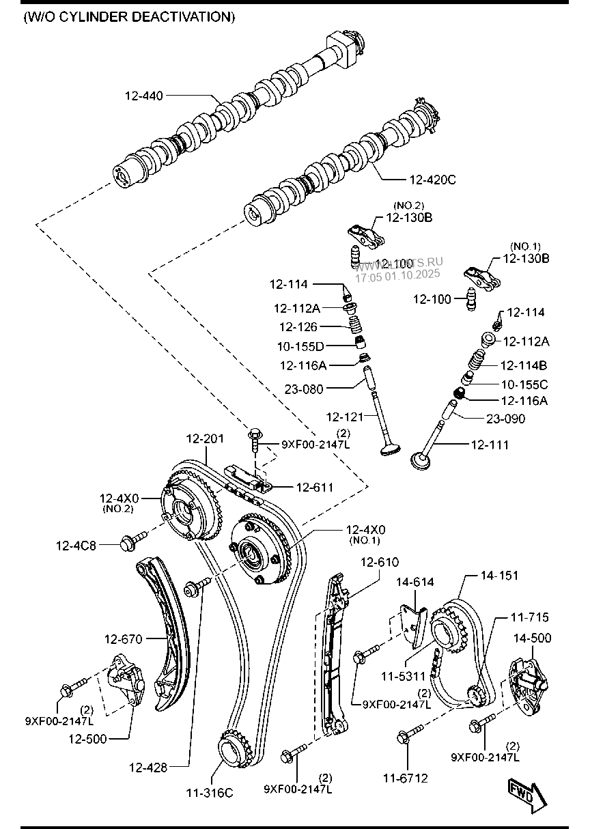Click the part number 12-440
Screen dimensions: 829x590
point(143,96)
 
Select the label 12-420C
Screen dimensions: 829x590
point(432,180)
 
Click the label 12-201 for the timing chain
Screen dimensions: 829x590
point(206,438)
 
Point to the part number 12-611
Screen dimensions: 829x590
point(315,487)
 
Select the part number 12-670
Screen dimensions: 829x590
point(123,640)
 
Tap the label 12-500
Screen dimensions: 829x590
point(87,739)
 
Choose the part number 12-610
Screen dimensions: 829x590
point(379,562)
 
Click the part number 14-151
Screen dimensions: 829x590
point(498,576)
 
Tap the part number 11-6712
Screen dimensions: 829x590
point(406,778)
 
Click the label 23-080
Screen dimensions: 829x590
point(305,389)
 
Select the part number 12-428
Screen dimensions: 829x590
point(147,768)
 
